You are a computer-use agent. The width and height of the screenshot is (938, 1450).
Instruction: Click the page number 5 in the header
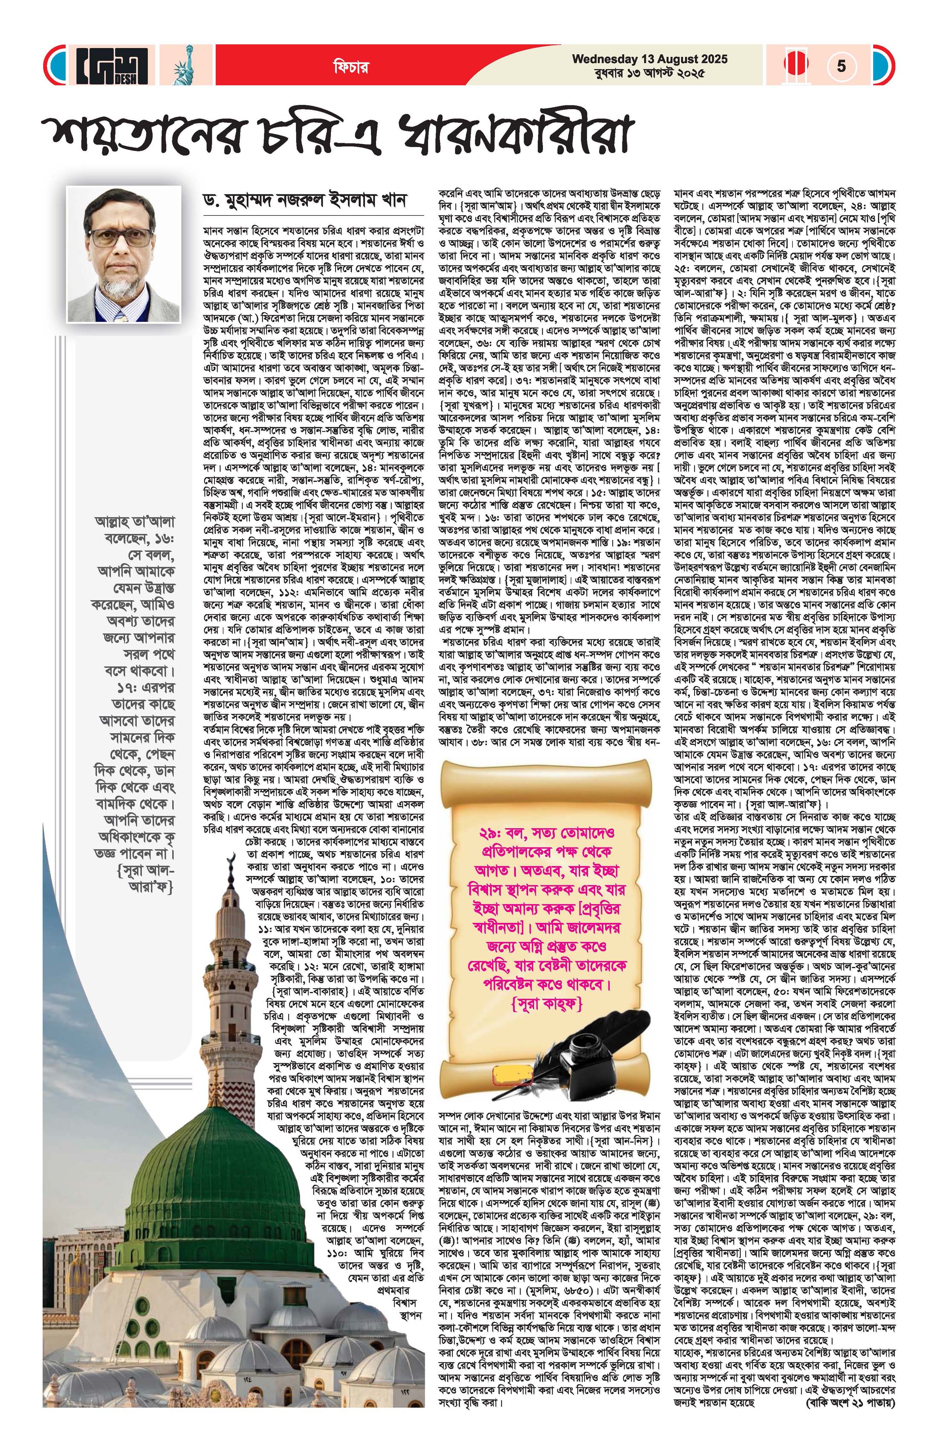pyautogui.click(x=841, y=67)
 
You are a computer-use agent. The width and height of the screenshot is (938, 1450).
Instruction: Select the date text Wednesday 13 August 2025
pyautogui.click(x=649, y=60)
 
